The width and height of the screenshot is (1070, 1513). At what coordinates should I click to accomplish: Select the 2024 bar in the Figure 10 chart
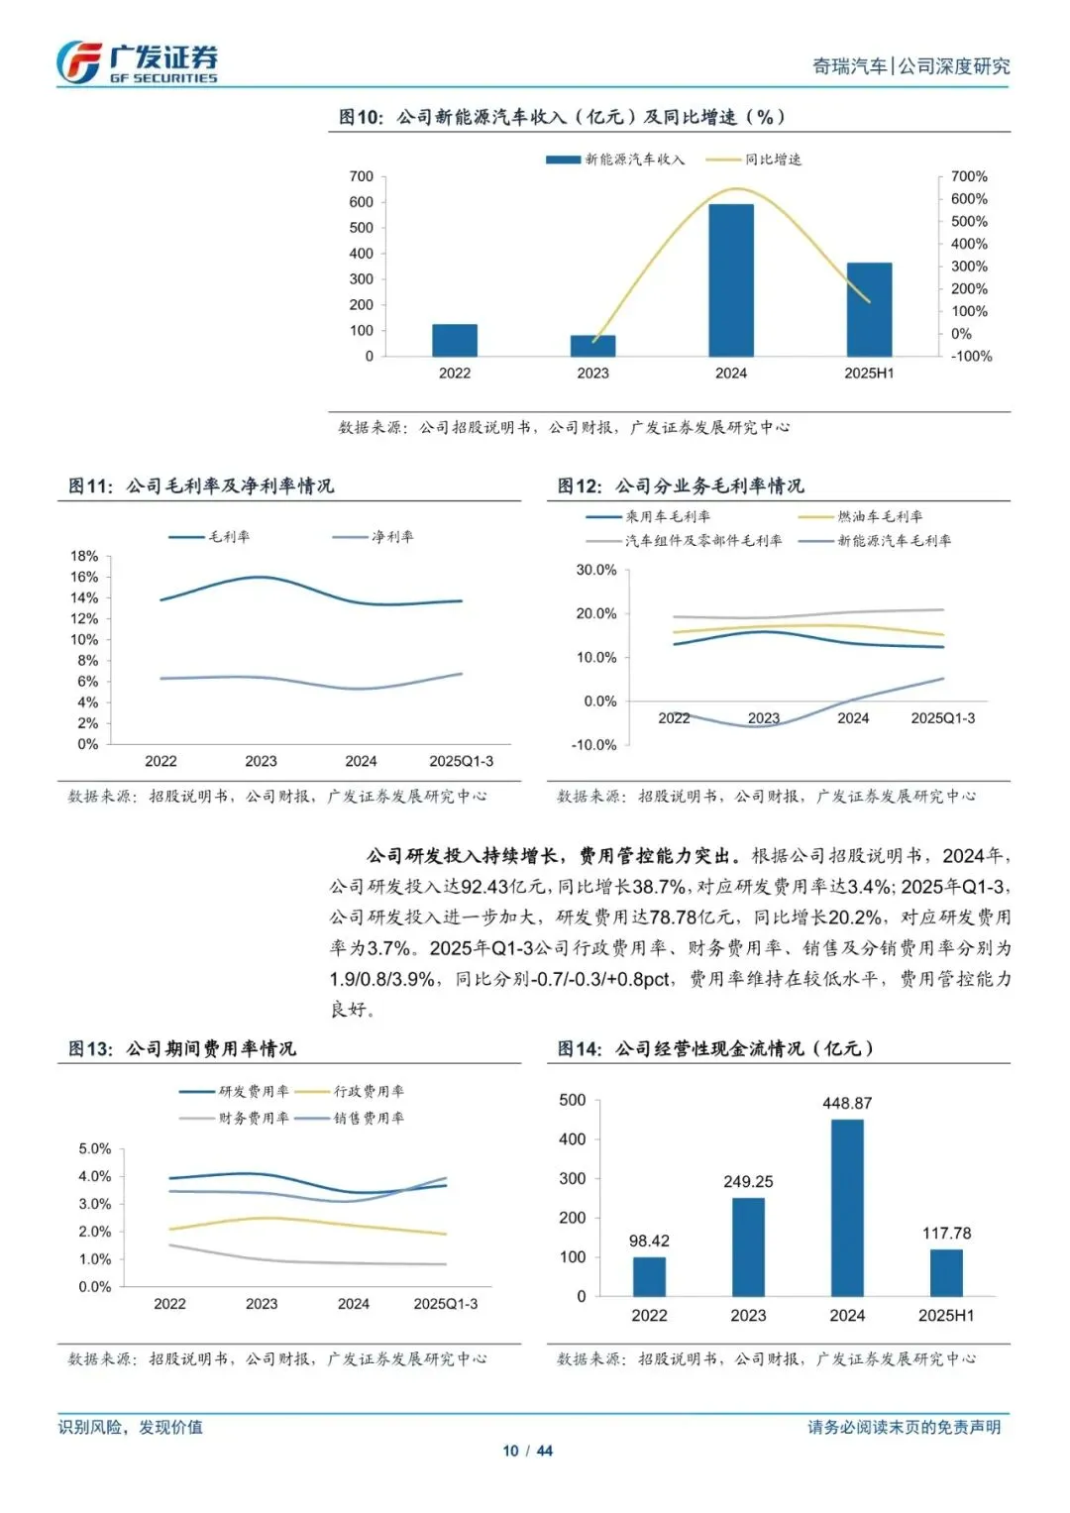coord(731,280)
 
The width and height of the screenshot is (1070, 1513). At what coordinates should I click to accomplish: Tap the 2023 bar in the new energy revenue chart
coord(592,346)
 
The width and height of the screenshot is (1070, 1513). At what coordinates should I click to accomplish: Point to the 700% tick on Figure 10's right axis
coord(968,176)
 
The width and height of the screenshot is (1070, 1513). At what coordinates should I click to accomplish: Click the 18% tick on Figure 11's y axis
coord(84,556)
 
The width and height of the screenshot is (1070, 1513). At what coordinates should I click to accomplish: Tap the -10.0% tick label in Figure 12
coord(593,745)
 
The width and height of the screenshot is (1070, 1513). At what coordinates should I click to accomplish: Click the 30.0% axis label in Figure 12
coord(595,570)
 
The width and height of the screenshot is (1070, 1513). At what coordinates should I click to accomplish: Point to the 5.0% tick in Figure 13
coord(95,1148)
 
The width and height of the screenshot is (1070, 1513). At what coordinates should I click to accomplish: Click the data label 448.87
coord(847,1103)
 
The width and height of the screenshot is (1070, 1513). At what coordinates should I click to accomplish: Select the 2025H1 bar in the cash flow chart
coord(946,1272)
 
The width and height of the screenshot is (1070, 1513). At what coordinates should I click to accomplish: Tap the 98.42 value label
coord(649,1241)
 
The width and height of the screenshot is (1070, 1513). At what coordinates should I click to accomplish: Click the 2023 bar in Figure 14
coord(748,1246)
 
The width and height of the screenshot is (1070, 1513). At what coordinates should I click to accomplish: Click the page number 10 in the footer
coord(510,1451)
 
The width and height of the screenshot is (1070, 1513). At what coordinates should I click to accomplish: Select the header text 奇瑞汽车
coord(849,66)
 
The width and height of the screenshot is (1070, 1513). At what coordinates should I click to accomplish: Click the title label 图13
coord(90,1048)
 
